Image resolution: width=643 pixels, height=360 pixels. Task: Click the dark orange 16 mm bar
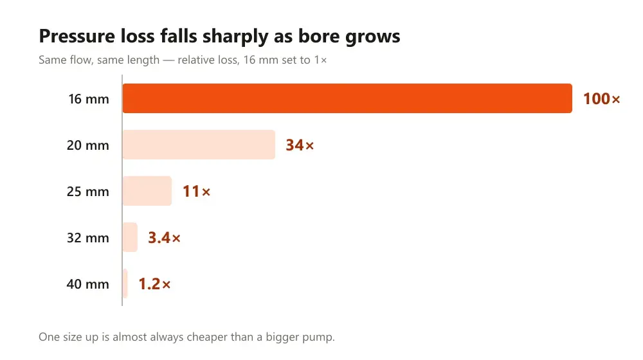(x=347, y=98)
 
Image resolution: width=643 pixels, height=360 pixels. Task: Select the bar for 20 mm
(x=199, y=145)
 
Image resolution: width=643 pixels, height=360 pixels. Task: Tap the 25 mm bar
(x=147, y=191)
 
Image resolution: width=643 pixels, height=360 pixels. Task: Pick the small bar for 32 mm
(x=130, y=237)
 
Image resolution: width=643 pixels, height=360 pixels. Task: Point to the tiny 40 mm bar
(x=125, y=283)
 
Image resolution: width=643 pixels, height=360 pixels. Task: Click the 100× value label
(x=602, y=99)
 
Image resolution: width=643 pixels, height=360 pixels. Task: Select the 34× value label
(x=300, y=145)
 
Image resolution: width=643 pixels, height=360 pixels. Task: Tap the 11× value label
(x=196, y=192)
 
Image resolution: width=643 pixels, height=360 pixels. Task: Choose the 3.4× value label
(x=165, y=238)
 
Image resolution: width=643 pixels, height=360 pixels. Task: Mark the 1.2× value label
(x=154, y=284)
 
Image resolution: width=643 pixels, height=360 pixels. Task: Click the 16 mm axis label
(x=89, y=99)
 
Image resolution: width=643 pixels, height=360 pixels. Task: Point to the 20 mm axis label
(x=88, y=145)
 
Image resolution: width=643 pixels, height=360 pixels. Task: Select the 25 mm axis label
(x=88, y=192)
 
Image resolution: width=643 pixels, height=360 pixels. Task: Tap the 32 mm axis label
(x=88, y=239)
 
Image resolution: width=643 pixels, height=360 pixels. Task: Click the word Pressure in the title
(x=77, y=36)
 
